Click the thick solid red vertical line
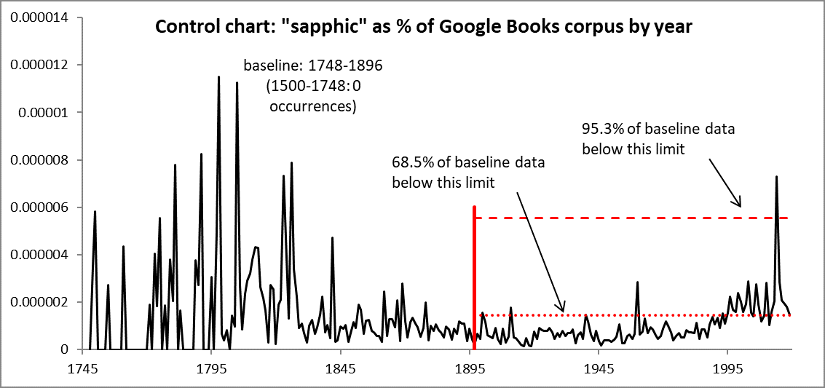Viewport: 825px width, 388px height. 474,277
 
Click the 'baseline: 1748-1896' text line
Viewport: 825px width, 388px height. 312,66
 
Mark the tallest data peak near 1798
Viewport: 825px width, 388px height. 218,77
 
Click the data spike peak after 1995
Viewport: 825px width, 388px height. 776,176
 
